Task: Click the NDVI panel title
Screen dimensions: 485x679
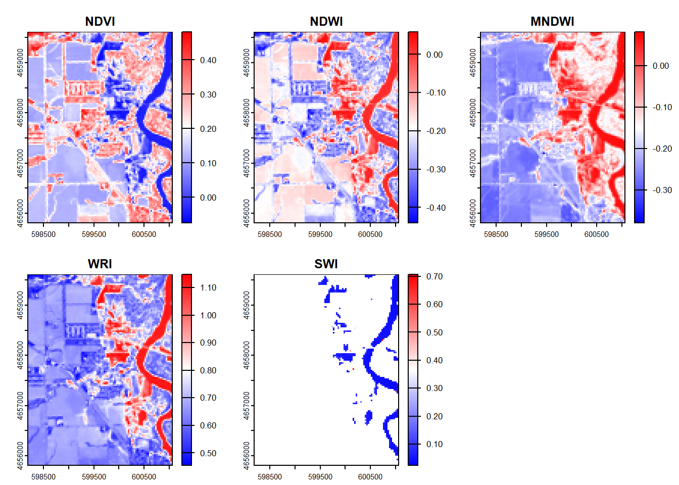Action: pyautogui.click(x=100, y=22)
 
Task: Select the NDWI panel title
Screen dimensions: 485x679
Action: pyautogui.click(x=326, y=22)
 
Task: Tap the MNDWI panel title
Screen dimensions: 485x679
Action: pyautogui.click(x=552, y=22)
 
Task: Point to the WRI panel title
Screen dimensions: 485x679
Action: pyautogui.click(x=100, y=264)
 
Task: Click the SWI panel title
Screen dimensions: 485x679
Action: pyautogui.click(x=326, y=264)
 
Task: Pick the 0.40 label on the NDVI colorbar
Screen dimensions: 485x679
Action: pyautogui.click(x=208, y=60)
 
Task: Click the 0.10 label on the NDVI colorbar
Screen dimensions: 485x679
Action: pyautogui.click(x=208, y=163)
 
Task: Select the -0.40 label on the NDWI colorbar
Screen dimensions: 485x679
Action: pyautogui.click(x=435, y=208)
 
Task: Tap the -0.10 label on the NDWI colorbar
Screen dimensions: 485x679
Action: pyautogui.click(x=435, y=93)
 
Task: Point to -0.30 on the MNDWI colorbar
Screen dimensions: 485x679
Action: pyautogui.click(x=662, y=190)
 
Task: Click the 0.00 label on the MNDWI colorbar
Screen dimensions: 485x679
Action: pyautogui.click(x=661, y=66)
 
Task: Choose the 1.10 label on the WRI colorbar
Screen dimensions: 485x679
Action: pyautogui.click(x=208, y=287)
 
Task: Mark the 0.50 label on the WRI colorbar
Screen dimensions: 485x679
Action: pyautogui.click(x=208, y=453)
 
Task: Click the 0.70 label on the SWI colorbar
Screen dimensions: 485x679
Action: pyautogui.click(x=434, y=276)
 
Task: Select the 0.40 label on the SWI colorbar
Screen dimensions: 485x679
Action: pyautogui.click(x=434, y=360)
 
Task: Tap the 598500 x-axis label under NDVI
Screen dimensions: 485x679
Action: pyautogui.click(x=43, y=234)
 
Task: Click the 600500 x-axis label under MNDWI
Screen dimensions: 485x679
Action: pyautogui.click(x=597, y=234)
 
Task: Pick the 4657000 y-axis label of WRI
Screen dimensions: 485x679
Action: pyautogui.click(x=20, y=405)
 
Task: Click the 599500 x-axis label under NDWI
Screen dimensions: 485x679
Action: pyautogui.click(x=320, y=234)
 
